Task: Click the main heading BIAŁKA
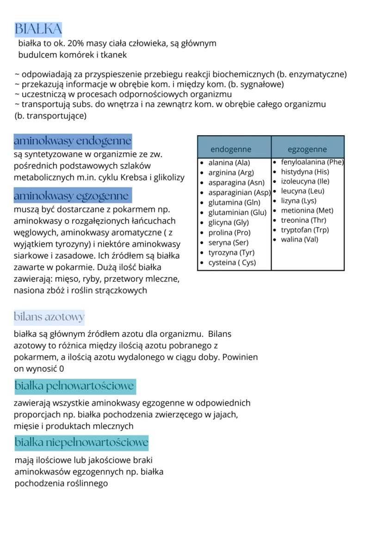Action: point(38,29)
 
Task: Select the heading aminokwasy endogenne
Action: point(73,141)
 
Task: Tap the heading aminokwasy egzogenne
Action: point(72,196)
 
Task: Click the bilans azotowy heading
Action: point(49,317)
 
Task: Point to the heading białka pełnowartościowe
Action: point(74,386)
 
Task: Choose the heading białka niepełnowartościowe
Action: point(81,442)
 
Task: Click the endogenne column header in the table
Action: point(231,149)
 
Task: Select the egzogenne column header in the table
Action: point(307,149)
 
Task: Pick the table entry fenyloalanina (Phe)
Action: point(312,162)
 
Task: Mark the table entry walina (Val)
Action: point(299,239)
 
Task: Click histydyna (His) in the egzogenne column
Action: point(305,171)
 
